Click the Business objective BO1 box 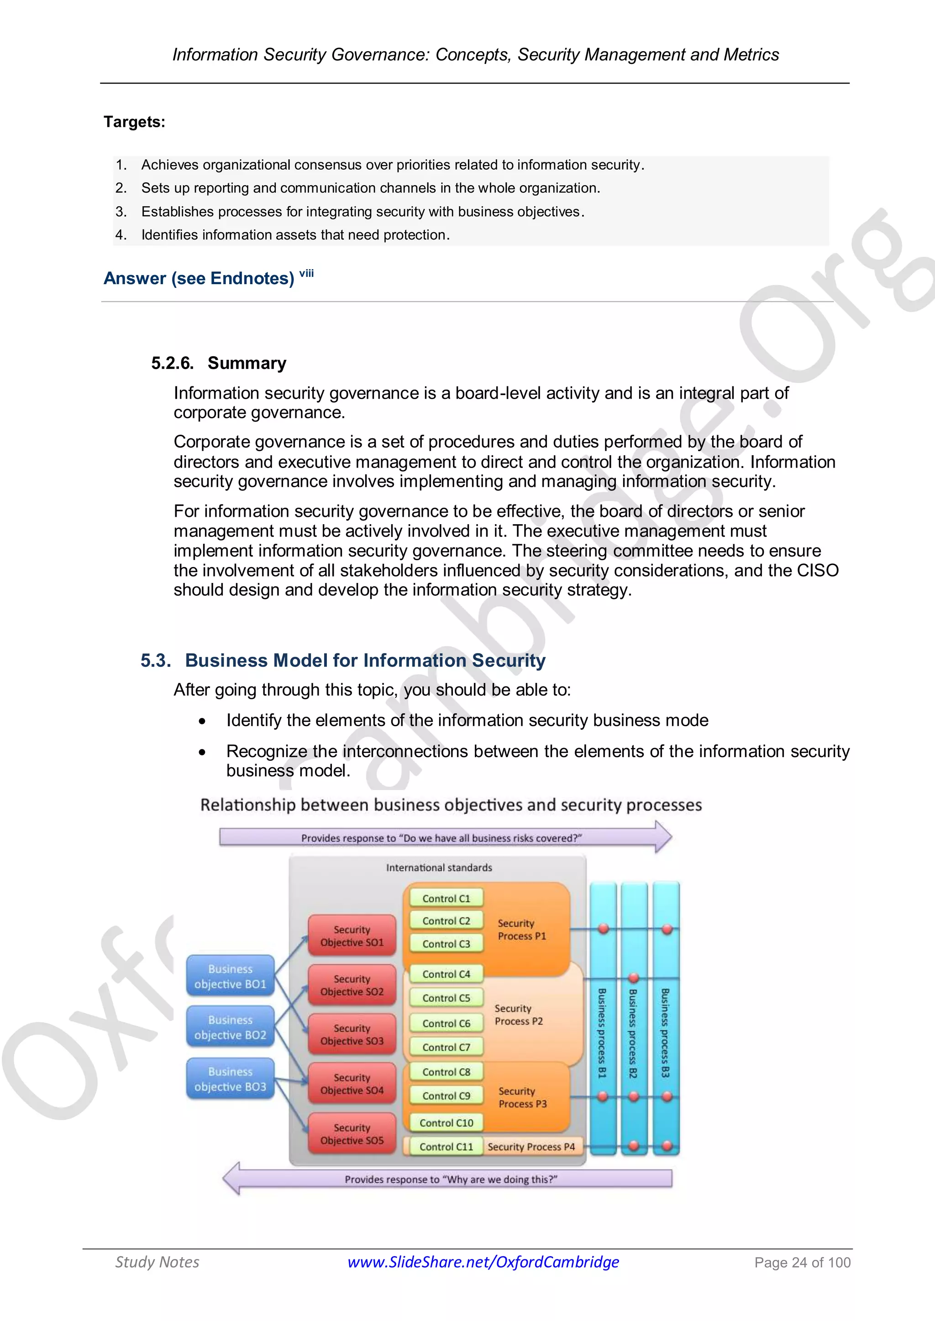pyautogui.click(x=230, y=976)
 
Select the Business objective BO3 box pyautogui.click(x=230, y=1079)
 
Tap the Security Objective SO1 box pyautogui.click(x=352, y=936)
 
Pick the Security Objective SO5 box pyautogui.click(x=352, y=1134)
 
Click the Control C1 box pyautogui.click(x=446, y=898)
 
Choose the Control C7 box pyautogui.click(x=446, y=1047)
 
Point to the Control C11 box pyautogui.click(x=446, y=1147)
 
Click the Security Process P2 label pyautogui.click(x=519, y=1015)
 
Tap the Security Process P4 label pyautogui.click(x=531, y=1147)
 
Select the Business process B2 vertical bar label pyautogui.click(x=633, y=1033)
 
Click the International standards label pyautogui.click(x=439, y=868)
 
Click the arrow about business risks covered pyautogui.click(x=443, y=837)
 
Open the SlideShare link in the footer pyautogui.click(x=483, y=1262)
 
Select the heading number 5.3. pyautogui.click(x=155, y=660)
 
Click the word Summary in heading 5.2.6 pyautogui.click(x=247, y=363)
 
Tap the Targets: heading pyautogui.click(x=135, y=122)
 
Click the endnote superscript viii pyautogui.click(x=306, y=273)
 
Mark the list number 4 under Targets pyautogui.click(x=121, y=235)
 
